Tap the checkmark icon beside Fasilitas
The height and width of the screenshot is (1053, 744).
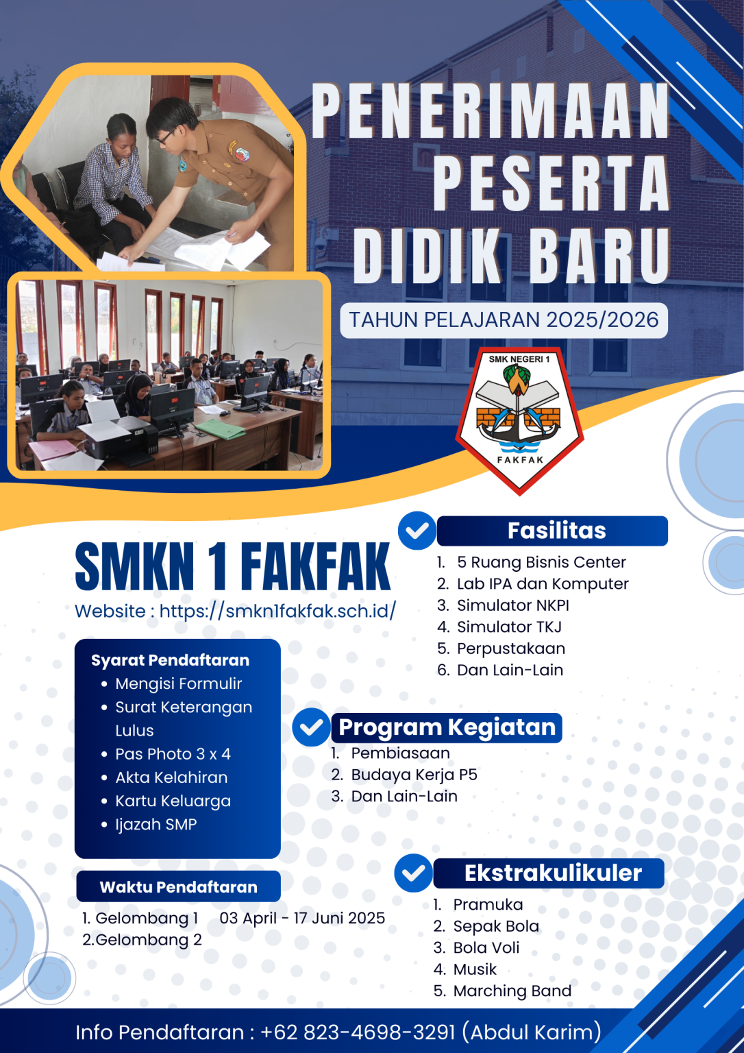(417, 531)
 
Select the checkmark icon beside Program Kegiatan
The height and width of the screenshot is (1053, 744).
(311, 727)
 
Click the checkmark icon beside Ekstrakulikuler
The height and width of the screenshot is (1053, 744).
(413, 873)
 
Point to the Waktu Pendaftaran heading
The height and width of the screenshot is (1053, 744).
(178, 886)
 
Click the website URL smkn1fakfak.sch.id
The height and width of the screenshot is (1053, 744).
(277, 611)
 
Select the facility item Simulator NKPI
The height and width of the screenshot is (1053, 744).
(512, 605)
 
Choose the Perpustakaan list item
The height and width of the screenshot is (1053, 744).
(510, 649)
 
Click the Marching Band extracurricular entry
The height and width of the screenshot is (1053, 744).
(512, 991)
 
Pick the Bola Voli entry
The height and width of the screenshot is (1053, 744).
(486, 947)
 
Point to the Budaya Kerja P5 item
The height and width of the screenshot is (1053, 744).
(414, 775)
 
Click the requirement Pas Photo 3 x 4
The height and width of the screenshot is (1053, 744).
(173, 754)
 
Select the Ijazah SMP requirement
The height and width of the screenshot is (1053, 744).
(156, 824)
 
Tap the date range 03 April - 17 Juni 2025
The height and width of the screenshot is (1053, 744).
(302, 918)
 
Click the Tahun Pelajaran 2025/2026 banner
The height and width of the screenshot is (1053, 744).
(504, 320)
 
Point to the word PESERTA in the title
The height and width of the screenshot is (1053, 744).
(551, 183)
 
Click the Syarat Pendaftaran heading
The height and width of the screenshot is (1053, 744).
(170, 660)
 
